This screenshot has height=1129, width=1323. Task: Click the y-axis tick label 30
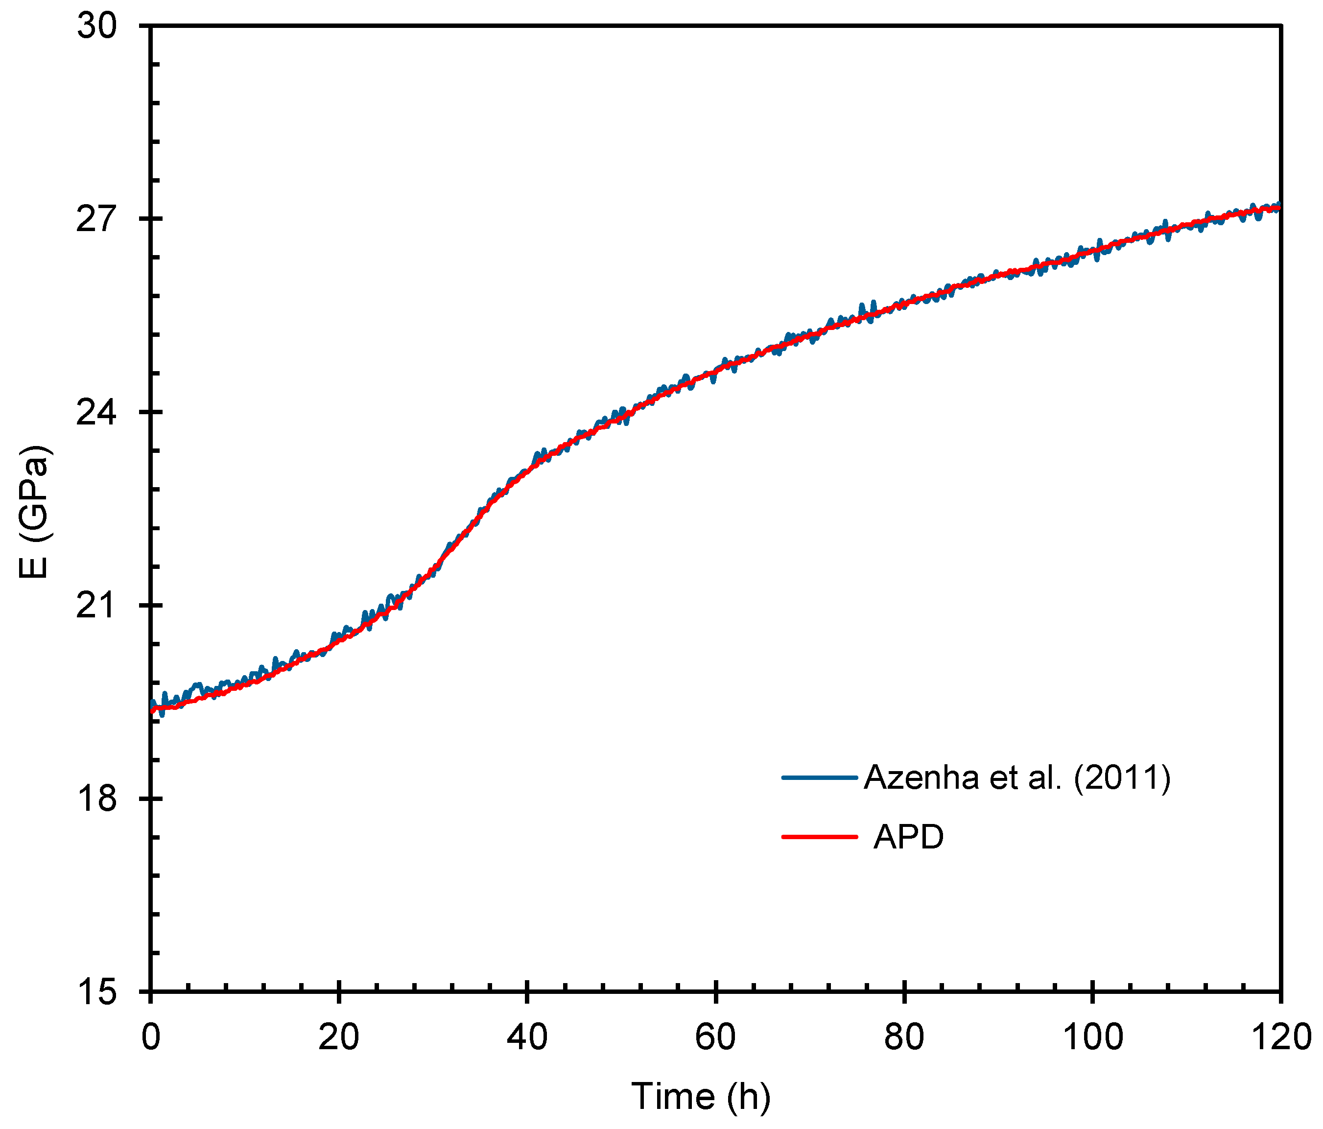97,27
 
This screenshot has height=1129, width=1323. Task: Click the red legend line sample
819,837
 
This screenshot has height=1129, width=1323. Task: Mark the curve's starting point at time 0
152,710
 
